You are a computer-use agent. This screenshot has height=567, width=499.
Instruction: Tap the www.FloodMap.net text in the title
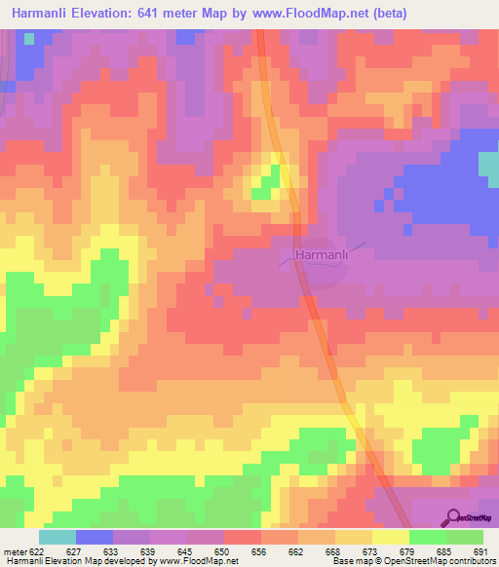point(303,13)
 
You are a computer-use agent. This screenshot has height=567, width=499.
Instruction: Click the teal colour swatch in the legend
point(57,537)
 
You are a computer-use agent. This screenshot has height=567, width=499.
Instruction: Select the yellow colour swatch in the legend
point(390,537)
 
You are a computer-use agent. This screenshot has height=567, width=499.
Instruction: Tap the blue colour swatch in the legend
point(94,537)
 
